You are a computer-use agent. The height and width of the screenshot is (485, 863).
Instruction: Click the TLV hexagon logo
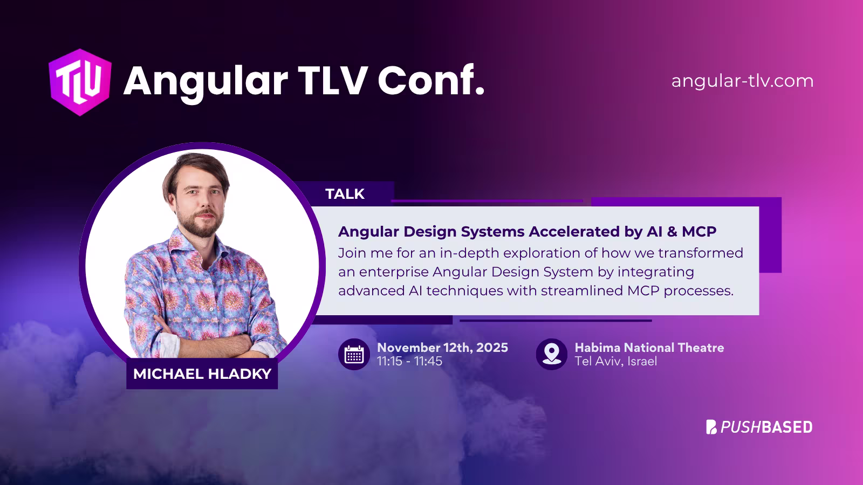coord(80,82)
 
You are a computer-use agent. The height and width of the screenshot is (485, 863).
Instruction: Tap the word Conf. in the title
coord(430,81)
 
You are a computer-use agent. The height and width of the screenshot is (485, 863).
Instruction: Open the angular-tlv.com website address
coord(742,81)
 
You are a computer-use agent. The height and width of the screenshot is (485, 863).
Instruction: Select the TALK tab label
coord(345,194)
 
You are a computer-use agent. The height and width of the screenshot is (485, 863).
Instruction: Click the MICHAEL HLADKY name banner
coord(202,374)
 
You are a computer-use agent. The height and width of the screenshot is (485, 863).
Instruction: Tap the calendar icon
coord(354,354)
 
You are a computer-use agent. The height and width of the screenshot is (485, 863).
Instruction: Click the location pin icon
coord(551,354)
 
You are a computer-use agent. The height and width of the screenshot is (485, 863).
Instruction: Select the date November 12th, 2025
coord(442,348)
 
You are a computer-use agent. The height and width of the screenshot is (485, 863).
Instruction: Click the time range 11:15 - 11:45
coord(409,362)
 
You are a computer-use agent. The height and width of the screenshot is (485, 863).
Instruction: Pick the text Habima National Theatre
coord(649,348)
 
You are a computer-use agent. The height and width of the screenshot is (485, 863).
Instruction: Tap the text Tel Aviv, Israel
coord(615,362)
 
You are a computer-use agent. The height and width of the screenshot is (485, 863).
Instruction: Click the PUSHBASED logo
coord(759,427)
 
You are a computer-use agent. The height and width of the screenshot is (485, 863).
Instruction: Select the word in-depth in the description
coord(469,253)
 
